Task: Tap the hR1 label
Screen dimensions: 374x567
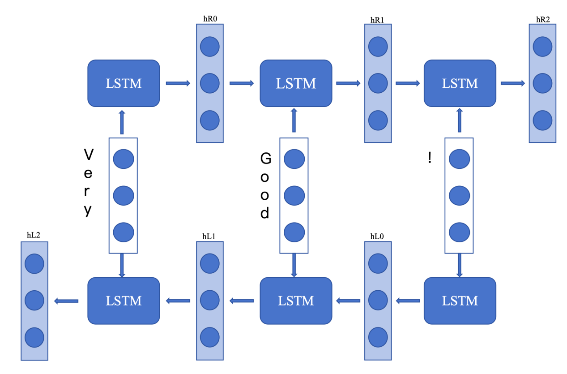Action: (x=377, y=20)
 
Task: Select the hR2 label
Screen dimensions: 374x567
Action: (x=542, y=20)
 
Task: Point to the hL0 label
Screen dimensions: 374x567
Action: (x=377, y=236)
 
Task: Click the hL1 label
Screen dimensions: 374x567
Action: (x=209, y=236)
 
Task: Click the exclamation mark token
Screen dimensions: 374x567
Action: (x=430, y=158)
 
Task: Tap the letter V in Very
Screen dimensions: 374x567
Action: (x=89, y=155)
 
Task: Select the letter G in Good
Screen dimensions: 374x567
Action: (x=265, y=158)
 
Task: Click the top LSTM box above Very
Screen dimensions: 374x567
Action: (x=124, y=83)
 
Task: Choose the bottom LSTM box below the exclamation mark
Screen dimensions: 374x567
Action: (x=460, y=301)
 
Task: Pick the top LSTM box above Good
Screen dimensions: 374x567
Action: (x=296, y=83)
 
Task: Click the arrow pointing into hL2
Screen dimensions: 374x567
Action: (x=66, y=301)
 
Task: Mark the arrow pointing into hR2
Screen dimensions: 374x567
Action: (x=512, y=83)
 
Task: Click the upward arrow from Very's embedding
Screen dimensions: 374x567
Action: (x=122, y=122)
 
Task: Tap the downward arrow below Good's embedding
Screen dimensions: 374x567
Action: (x=294, y=265)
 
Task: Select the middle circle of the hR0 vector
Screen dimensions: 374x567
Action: (x=209, y=83)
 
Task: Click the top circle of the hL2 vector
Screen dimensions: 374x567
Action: (x=34, y=264)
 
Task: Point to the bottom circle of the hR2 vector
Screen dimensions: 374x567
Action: (x=542, y=120)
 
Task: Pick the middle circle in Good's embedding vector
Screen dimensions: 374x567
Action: (x=294, y=196)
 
